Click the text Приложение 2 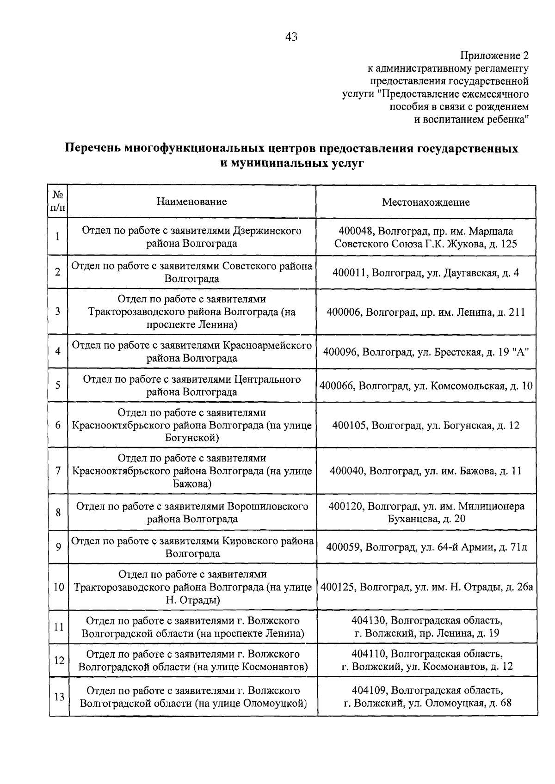[x=493, y=56]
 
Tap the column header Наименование [x=191, y=202]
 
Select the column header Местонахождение [x=425, y=202]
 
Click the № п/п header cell [x=58, y=202]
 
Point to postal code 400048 [x=356, y=231]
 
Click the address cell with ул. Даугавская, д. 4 [x=425, y=272]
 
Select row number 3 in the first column [x=58, y=312]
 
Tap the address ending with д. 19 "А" [x=425, y=352]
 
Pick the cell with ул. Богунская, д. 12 [x=425, y=425]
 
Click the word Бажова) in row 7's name [x=191, y=484]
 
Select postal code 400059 [x=344, y=547]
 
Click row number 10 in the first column [x=59, y=587]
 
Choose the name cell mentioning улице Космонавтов [x=192, y=661]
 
